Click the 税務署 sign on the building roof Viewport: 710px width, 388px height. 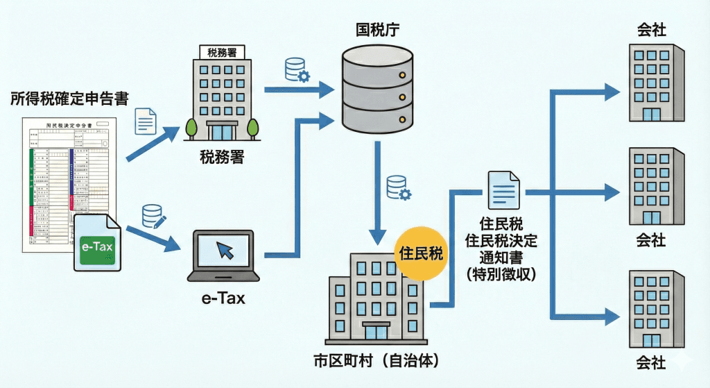click(222, 52)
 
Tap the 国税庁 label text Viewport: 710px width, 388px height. click(377, 30)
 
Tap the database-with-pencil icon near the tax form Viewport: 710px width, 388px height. click(154, 217)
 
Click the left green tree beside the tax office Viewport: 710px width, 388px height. click(189, 128)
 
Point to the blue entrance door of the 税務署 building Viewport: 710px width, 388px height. click(223, 131)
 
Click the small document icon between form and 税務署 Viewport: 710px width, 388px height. click(145, 121)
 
